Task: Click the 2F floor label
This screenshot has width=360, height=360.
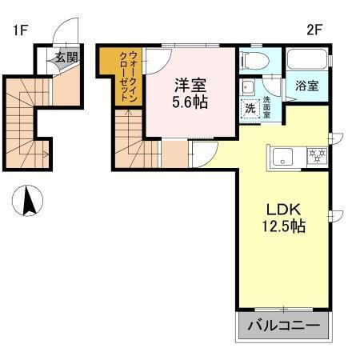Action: tap(314, 32)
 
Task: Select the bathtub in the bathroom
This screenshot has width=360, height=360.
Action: tap(307, 60)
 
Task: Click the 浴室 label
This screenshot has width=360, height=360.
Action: tap(308, 86)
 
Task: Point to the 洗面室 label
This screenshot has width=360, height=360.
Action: tap(267, 102)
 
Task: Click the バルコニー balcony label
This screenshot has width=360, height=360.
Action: tap(283, 326)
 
